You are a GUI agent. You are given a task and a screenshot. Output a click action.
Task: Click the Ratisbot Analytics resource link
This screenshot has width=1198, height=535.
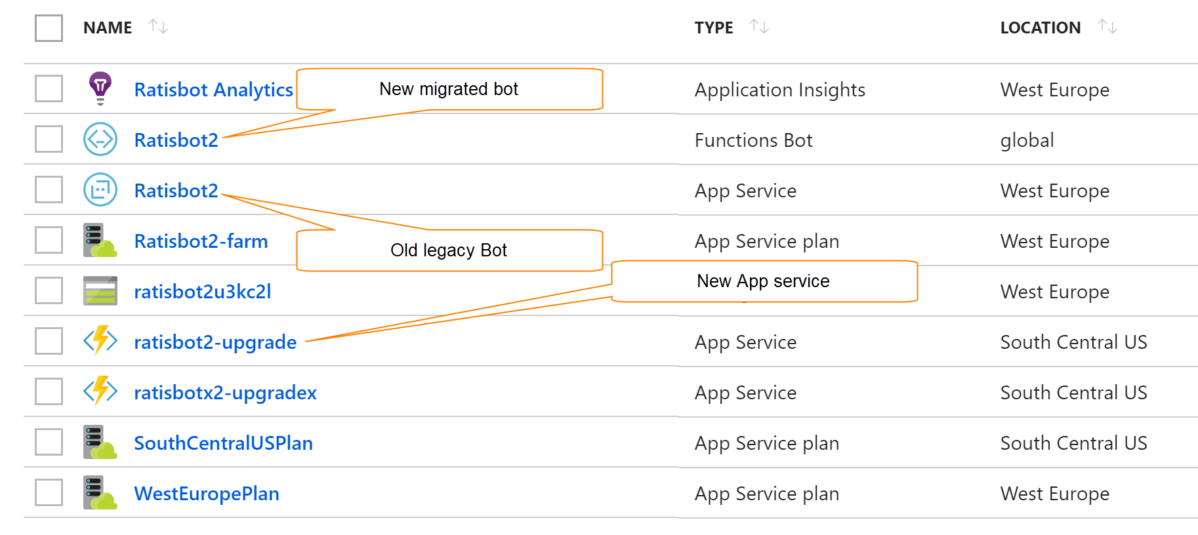pos(213,90)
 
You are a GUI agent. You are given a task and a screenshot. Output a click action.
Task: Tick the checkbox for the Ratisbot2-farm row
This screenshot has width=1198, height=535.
pos(49,240)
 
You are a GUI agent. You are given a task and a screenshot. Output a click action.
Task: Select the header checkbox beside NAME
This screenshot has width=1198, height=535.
pos(49,28)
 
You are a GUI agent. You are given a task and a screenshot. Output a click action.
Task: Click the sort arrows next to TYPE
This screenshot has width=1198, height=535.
pos(759,27)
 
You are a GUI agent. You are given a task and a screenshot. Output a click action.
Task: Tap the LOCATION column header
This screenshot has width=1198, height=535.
pos(1040,28)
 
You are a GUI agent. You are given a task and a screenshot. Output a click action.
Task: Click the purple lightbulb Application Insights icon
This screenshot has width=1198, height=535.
pos(100,88)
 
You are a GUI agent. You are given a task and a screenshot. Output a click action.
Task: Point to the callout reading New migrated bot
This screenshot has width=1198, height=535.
pos(449,89)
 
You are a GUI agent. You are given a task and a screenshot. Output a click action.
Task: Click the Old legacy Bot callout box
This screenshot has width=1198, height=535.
pos(449,250)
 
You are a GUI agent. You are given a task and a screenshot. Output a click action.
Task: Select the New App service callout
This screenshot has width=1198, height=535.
pos(763,281)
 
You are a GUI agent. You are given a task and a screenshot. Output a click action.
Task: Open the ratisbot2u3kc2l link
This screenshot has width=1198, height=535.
pos(202,292)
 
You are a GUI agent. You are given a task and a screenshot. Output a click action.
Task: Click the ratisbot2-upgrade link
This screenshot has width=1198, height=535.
pos(215,342)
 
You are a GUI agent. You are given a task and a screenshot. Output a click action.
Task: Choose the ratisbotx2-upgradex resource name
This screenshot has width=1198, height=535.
pos(225,393)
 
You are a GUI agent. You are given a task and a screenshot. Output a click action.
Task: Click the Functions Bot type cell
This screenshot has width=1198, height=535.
pos(753,140)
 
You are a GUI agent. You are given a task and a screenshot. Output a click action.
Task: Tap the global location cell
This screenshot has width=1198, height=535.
pos(1027,140)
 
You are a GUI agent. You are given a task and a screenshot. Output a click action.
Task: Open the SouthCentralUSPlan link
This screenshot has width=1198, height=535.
pos(223,443)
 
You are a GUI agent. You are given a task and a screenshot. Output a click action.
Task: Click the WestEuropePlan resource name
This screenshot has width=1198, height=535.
pos(207,494)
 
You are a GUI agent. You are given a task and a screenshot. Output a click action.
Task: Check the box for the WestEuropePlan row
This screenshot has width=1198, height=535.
pos(49,492)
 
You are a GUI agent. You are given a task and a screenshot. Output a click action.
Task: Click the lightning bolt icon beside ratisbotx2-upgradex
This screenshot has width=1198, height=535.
pos(100,391)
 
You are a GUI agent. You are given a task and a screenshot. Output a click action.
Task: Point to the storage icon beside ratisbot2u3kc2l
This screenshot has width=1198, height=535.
pos(100,290)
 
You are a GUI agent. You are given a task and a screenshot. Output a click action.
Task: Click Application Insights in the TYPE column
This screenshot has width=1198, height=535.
pos(779,90)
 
